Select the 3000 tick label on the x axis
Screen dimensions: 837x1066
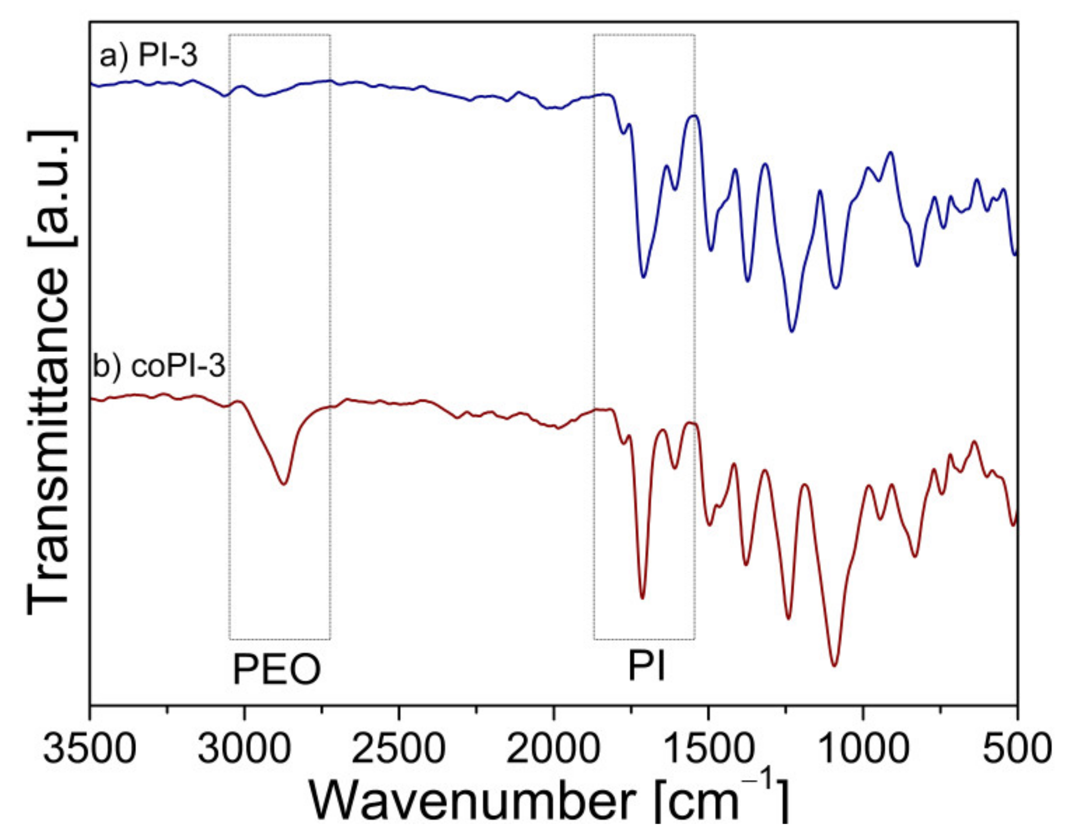pos(244,749)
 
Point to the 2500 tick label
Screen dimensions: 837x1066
pos(399,749)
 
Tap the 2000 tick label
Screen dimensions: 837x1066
pos(554,749)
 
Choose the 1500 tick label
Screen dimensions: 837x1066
pos(708,749)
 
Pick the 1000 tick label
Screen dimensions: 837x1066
pos(863,749)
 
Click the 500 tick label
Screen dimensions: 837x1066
pos(1017,749)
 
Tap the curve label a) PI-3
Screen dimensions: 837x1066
pos(148,55)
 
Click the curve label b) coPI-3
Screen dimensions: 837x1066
pos(159,366)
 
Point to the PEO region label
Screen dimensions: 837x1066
pos(277,670)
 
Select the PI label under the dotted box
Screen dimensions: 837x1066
pos(646,667)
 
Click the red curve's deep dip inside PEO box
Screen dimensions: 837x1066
pos(283,483)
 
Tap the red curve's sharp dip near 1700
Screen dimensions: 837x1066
pos(642,598)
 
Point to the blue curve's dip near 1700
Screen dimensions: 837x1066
pos(643,277)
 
